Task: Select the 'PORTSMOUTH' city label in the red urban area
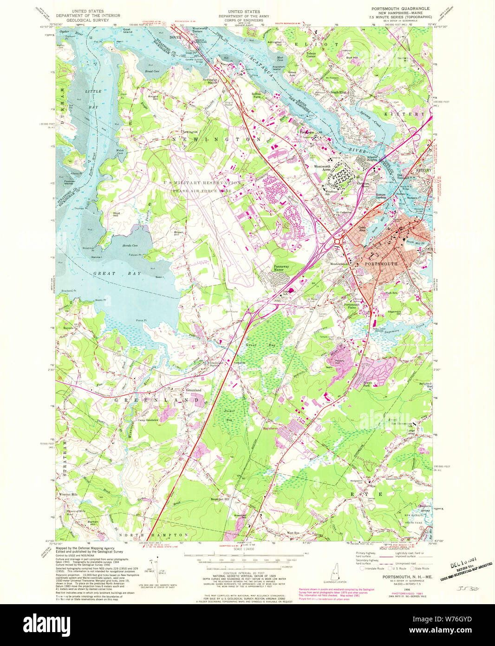[381, 264]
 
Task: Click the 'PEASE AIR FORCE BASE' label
[202, 191]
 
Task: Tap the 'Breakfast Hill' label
[220, 499]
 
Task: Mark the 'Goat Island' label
[128, 31]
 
